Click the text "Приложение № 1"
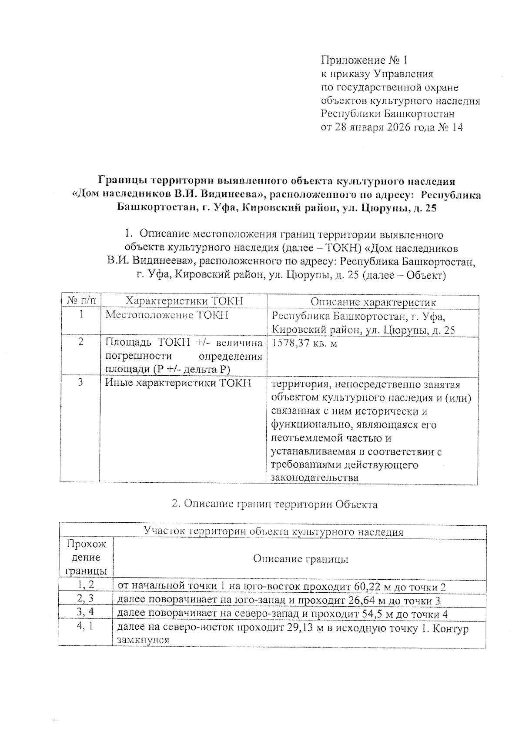(364, 60)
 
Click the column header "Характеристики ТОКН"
(184, 301)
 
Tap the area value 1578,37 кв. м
(304, 343)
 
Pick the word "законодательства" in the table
(315, 477)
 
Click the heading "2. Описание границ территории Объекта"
(274, 504)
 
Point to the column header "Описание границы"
(301, 559)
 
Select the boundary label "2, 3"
(85, 599)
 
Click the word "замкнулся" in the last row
(143, 640)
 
